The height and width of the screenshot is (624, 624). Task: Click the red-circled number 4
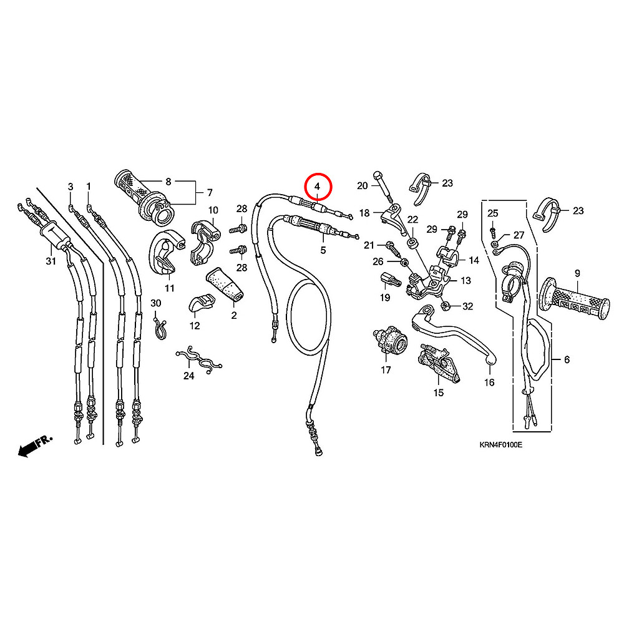tap(317, 186)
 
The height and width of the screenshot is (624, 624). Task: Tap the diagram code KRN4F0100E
tap(500, 445)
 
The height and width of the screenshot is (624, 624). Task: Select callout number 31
tap(51, 261)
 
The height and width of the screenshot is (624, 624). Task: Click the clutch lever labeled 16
tap(454, 334)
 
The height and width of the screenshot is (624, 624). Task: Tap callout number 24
tap(188, 376)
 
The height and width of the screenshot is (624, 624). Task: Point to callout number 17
tap(386, 369)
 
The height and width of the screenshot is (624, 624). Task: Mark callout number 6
tap(567, 359)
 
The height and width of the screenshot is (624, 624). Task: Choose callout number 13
tap(466, 281)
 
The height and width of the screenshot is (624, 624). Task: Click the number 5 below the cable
tap(323, 250)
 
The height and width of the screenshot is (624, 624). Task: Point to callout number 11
tap(170, 288)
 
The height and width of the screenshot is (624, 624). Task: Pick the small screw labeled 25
tap(493, 230)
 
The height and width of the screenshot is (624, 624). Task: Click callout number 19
tap(385, 298)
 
